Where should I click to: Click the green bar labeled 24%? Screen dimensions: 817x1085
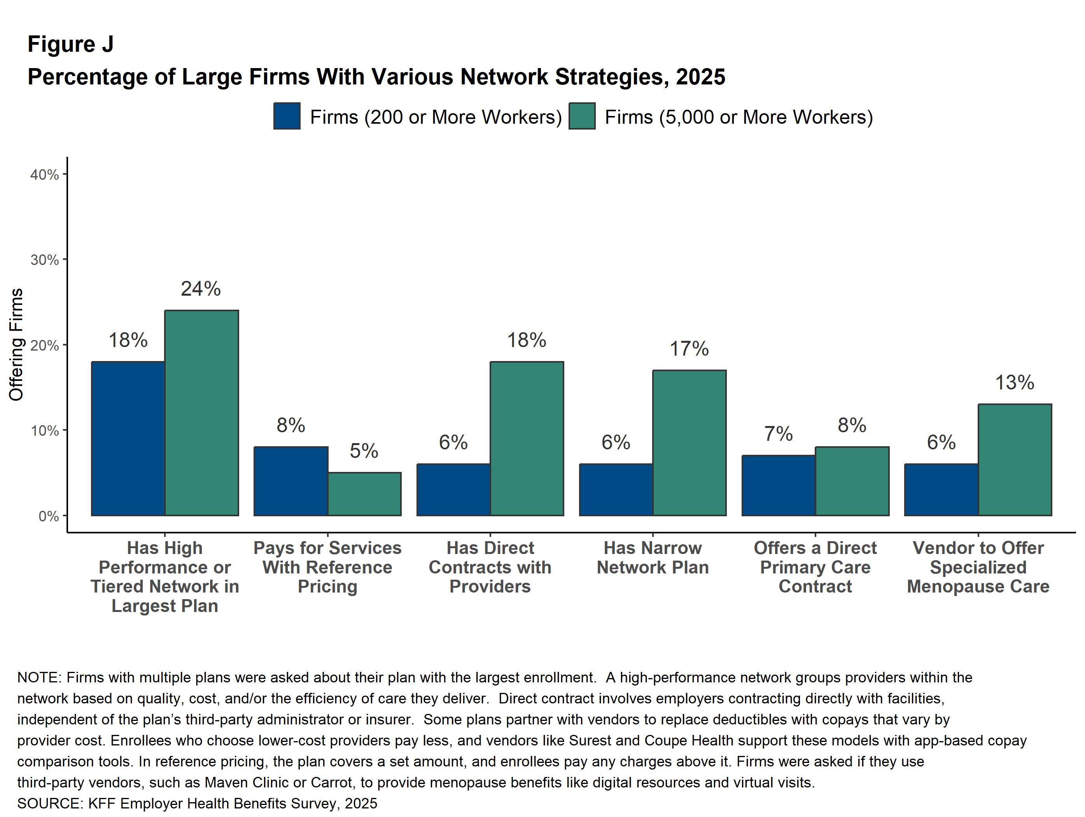201,413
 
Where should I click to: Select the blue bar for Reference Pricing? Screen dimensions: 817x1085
291,481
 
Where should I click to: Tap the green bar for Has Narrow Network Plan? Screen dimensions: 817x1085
689,443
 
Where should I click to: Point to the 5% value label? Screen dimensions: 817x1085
364,451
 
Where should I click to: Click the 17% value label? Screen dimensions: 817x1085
689,349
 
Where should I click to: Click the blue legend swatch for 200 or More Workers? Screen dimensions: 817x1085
287,116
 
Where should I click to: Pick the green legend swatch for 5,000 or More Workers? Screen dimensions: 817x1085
582,116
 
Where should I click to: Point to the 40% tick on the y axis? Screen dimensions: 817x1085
45,175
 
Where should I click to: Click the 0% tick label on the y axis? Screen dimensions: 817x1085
49,516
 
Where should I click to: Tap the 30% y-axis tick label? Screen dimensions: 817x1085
45,260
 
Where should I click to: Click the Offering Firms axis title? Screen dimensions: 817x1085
16,344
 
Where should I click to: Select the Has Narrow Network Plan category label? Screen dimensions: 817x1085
653,558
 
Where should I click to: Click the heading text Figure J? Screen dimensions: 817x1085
71,44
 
